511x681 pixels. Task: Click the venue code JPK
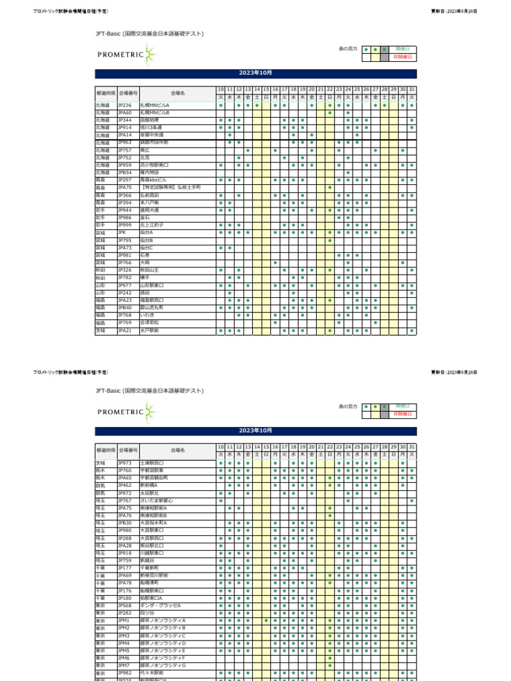tap(122, 233)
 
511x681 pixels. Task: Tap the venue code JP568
tap(124, 606)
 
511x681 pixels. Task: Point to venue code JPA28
tap(124, 545)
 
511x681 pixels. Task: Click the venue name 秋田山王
tap(150, 271)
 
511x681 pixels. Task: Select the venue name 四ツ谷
tap(146, 613)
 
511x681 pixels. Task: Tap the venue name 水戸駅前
tap(150, 331)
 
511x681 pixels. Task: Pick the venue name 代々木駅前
tap(151, 673)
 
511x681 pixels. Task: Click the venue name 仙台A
tap(146, 233)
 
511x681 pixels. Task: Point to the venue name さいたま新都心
tap(157, 501)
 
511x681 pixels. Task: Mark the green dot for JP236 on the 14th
tap(257, 105)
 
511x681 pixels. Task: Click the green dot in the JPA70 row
tap(330, 188)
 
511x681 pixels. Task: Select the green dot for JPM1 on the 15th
tap(266, 620)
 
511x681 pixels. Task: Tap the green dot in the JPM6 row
tap(330, 658)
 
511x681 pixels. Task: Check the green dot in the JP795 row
tap(330, 240)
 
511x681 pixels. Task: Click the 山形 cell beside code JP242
tap(105, 293)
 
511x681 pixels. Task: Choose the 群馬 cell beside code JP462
tap(105, 485)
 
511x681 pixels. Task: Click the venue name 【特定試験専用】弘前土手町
tap(171, 188)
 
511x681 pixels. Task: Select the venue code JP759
tap(124, 561)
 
